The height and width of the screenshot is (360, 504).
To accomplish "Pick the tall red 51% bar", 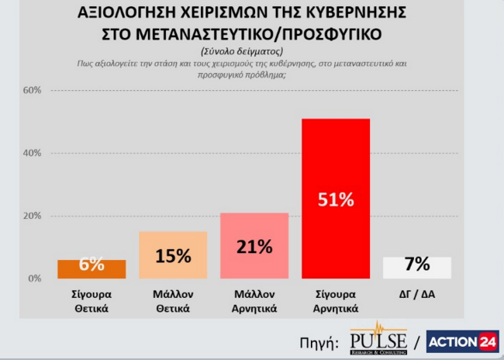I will click(336, 199).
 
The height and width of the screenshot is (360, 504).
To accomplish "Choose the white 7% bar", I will click(417, 267).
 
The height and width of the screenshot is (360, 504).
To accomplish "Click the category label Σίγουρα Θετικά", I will click(91, 301).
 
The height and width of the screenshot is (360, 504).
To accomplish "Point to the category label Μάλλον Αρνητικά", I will click(254, 301).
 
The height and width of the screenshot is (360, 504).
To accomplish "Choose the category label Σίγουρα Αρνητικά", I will click(336, 301).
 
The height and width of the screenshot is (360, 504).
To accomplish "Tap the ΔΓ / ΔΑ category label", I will click(417, 295).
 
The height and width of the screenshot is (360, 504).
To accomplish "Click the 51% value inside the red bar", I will click(336, 199).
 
